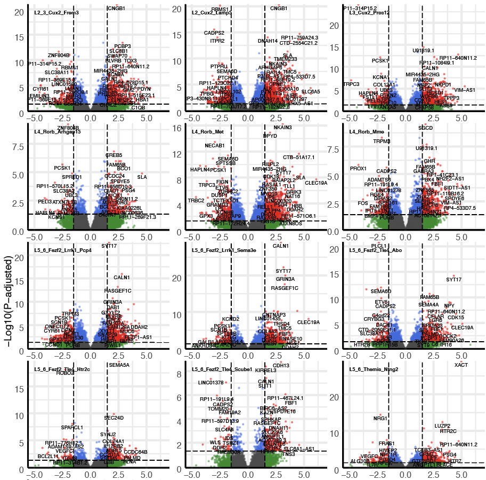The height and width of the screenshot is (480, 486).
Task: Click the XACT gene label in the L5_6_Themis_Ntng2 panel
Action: coord(461,365)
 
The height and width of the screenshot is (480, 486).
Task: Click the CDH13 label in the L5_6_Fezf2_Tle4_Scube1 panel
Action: coord(281,366)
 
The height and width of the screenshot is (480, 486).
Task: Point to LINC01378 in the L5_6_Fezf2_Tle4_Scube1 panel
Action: coord(210,383)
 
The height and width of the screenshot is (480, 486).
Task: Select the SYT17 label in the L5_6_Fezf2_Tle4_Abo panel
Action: coord(453,279)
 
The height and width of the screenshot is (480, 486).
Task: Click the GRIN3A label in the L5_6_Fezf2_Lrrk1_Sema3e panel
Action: coord(285,279)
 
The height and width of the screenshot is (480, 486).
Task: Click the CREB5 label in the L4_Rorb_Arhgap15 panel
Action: coord(114,155)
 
